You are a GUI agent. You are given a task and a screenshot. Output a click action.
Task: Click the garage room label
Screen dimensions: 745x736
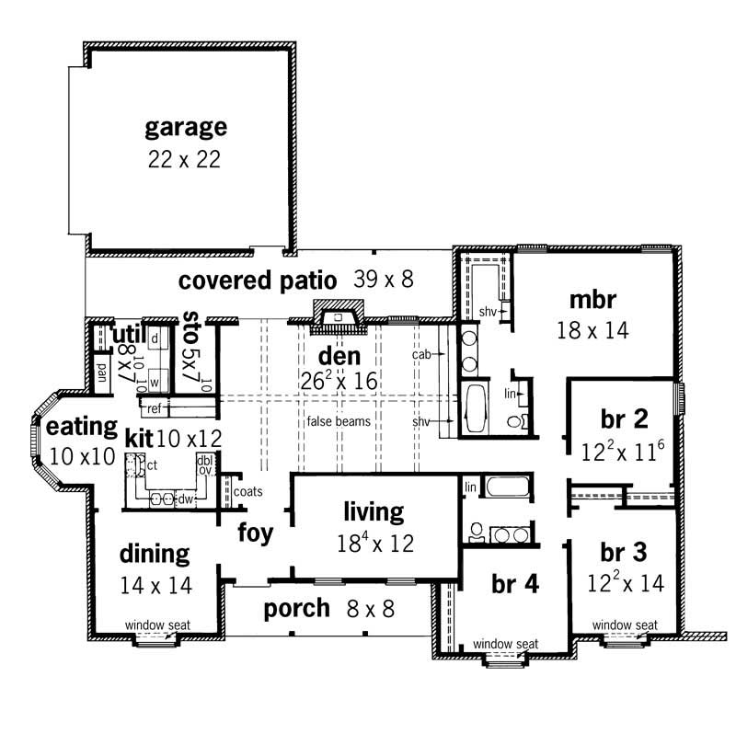(185, 126)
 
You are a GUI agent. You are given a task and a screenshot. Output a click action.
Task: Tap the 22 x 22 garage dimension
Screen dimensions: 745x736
(184, 158)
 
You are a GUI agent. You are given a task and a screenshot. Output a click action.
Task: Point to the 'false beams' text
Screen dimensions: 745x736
(339, 421)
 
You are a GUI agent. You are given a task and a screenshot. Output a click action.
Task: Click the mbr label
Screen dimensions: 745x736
(592, 300)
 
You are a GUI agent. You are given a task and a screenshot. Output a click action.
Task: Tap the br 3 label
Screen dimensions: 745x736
(623, 554)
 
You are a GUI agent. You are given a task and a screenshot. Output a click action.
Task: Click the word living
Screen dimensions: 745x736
(374, 511)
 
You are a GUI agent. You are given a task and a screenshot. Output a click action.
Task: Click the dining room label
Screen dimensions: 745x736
(155, 554)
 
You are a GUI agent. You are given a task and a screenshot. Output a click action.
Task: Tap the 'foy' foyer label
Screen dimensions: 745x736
(255, 533)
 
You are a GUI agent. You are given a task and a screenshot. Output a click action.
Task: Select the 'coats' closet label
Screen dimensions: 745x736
(248, 492)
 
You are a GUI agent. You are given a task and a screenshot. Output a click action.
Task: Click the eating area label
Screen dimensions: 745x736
(82, 427)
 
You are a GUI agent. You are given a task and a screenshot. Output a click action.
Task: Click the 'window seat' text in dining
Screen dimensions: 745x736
(158, 625)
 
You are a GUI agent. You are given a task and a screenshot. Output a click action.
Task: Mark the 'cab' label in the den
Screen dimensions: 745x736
(423, 352)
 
